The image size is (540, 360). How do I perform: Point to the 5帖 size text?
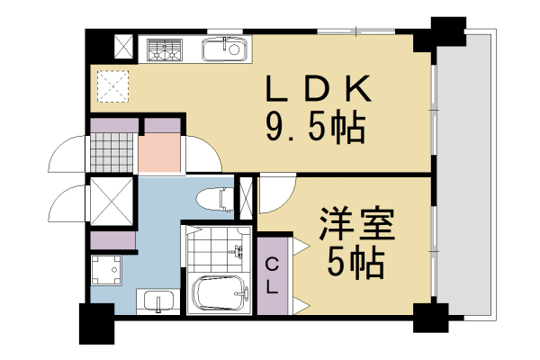(355, 264)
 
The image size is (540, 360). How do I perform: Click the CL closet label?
(271, 274)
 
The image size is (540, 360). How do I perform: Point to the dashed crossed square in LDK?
(112, 85)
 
